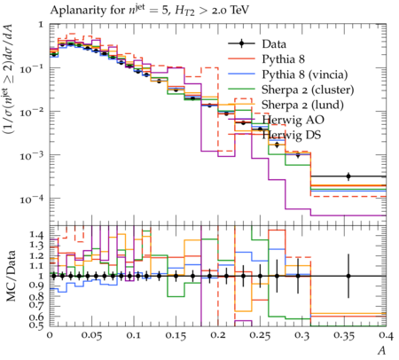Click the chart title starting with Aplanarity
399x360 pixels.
(x=150, y=11)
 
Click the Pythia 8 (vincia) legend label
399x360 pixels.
(x=305, y=74)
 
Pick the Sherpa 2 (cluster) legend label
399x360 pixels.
(x=308, y=90)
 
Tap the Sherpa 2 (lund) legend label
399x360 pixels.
(x=302, y=105)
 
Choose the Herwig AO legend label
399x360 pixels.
(x=293, y=120)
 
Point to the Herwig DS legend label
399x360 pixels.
(x=292, y=135)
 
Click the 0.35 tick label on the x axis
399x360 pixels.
(x=344, y=336)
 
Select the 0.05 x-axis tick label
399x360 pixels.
(x=92, y=336)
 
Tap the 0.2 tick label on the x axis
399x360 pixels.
(x=218, y=336)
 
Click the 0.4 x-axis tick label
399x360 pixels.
(x=386, y=336)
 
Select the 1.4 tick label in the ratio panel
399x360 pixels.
(x=35, y=235)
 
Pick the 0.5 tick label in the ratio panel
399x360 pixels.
(x=35, y=325)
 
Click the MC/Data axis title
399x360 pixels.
(x=11, y=276)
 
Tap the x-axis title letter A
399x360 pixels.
(x=382, y=350)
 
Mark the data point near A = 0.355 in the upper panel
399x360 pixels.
(x=348, y=176)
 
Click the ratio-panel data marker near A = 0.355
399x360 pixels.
(x=348, y=276)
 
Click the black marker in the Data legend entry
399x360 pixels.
(x=241, y=44)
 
